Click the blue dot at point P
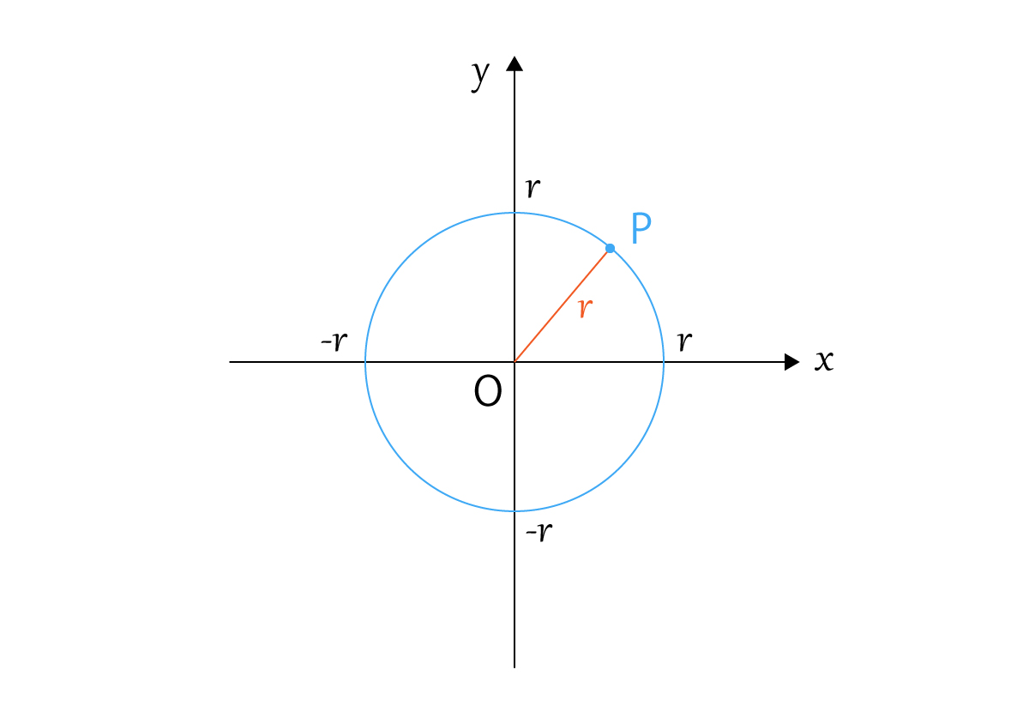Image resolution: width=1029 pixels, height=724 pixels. coord(610,249)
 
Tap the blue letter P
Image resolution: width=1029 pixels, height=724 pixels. coord(641,228)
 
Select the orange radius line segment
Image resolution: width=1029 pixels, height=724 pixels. coord(562,305)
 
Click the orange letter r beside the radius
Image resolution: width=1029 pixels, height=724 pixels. coord(585,308)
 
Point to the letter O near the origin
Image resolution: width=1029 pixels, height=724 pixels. coord(488,390)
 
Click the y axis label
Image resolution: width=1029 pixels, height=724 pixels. coord(480,75)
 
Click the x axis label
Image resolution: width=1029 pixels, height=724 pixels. coord(824,360)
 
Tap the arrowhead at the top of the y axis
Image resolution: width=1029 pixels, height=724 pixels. coord(514,63)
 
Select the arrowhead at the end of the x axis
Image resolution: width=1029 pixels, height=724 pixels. coord(792,362)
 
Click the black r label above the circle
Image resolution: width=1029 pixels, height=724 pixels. coord(533,188)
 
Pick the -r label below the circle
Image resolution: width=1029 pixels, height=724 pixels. coord(539,533)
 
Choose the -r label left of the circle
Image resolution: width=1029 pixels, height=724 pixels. coord(334,341)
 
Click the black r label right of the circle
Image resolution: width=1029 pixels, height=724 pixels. coord(685,341)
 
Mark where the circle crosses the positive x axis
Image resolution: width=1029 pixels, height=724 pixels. coord(664,362)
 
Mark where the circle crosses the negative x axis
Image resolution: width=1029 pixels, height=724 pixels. coord(365,362)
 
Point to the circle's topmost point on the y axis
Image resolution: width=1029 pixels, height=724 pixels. coord(514,213)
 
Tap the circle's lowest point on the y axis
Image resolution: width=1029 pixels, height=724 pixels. coord(514,511)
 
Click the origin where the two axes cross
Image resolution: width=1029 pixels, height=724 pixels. coord(514,362)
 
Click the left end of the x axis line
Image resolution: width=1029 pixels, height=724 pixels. coord(230,362)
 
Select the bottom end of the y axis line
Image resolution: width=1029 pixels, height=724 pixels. coord(514,667)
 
